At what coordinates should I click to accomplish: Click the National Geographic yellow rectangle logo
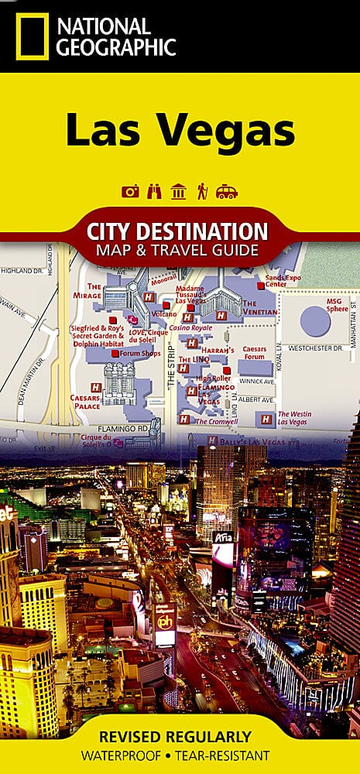click(32, 36)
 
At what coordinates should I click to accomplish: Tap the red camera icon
click(130, 192)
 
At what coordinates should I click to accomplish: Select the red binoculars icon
click(154, 192)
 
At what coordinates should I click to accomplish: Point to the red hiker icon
click(202, 192)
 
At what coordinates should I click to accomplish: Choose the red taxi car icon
click(227, 192)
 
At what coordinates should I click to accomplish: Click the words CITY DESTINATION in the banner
click(179, 231)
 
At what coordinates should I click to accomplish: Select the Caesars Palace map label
click(85, 401)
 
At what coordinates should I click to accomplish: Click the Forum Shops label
click(139, 354)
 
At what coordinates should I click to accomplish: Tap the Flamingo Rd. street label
click(117, 426)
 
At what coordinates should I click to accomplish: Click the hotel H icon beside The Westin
click(266, 419)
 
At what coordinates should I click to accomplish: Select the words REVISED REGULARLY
click(180, 736)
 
